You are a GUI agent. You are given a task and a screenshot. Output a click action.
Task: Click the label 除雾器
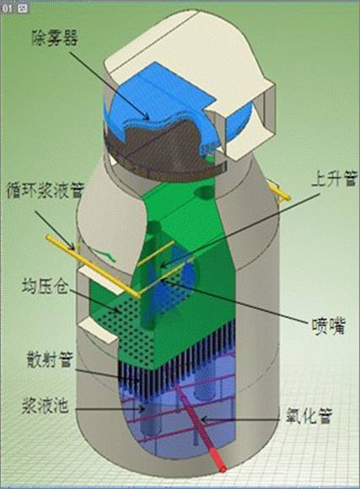[x=55, y=38]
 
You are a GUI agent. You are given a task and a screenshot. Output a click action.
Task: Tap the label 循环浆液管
[x=46, y=190]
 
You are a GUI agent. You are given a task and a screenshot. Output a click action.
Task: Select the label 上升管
[x=334, y=179]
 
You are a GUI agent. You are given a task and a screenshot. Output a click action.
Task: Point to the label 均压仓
[x=45, y=286]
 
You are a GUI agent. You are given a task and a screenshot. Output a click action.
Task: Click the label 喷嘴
[x=329, y=326]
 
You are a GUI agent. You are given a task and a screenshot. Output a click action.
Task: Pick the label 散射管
[x=50, y=358]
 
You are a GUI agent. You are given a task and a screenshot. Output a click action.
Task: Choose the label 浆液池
[x=45, y=406]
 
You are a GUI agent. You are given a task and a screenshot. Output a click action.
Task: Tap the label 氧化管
[x=309, y=416]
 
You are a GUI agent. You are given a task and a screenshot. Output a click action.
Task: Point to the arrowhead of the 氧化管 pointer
[x=204, y=419]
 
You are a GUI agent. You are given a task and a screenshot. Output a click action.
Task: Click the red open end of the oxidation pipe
[x=223, y=469]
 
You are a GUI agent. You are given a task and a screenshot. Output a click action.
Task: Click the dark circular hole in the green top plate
[x=203, y=192]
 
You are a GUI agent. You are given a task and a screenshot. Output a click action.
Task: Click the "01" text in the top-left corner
[x=8, y=8]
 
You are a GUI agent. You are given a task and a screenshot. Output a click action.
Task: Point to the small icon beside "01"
[x=23, y=8]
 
